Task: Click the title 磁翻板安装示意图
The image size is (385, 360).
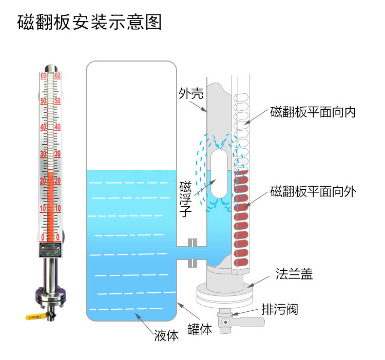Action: click(89, 23)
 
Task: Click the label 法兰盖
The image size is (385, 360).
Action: click(294, 274)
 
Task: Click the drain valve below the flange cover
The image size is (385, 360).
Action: click(226, 322)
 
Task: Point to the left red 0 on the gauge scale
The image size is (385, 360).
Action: click(44, 236)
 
